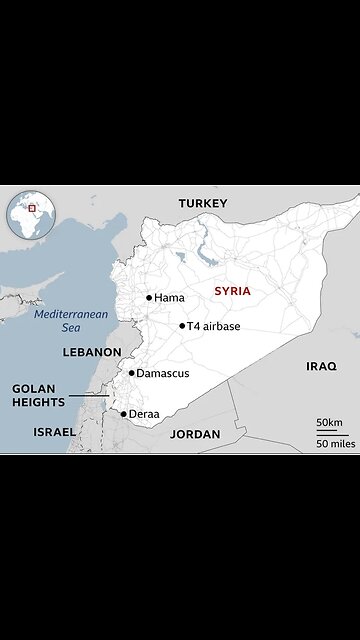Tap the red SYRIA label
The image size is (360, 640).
[x=231, y=291]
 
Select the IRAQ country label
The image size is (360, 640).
[x=321, y=366]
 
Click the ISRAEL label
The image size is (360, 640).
[x=54, y=432]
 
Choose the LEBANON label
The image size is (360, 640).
[x=91, y=352]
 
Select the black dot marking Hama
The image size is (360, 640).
[x=149, y=297]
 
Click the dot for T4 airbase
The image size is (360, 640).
[x=182, y=326]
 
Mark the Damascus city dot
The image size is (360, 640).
[x=131, y=373]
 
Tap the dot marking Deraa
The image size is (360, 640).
[x=123, y=413]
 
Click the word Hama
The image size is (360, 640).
[x=169, y=298]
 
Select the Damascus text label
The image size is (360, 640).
[x=162, y=373]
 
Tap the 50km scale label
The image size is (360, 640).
[x=329, y=422]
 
